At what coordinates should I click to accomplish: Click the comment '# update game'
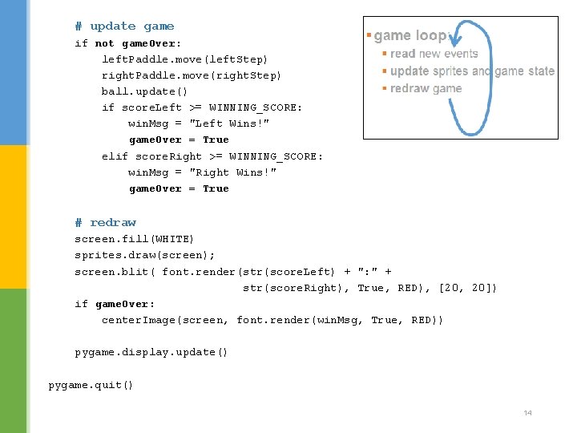coord(124,26)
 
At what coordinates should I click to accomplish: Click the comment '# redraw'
coord(106,222)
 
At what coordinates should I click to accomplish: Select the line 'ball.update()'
coord(144,91)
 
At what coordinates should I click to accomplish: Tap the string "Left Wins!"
coord(229,123)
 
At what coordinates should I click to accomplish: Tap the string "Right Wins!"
coord(232,172)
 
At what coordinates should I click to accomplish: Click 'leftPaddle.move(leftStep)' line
coord(185,59)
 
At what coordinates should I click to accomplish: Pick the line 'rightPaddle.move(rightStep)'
coord(192,75)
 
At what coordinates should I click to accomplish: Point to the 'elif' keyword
coord(115,156)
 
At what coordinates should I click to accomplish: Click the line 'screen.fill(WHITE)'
coord(134,239)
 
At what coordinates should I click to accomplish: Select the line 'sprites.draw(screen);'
coord(144,255)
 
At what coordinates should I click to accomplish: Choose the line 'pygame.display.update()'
coord(151,352)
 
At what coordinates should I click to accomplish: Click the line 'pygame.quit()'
coord(91,385)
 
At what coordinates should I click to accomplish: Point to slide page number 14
coord(527,413)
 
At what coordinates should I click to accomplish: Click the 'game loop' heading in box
coord(411,35)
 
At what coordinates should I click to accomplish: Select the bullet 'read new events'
coord(434,54)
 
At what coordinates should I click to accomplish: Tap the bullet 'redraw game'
coord(426,88)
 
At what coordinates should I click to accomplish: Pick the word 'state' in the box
coord(542,71)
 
